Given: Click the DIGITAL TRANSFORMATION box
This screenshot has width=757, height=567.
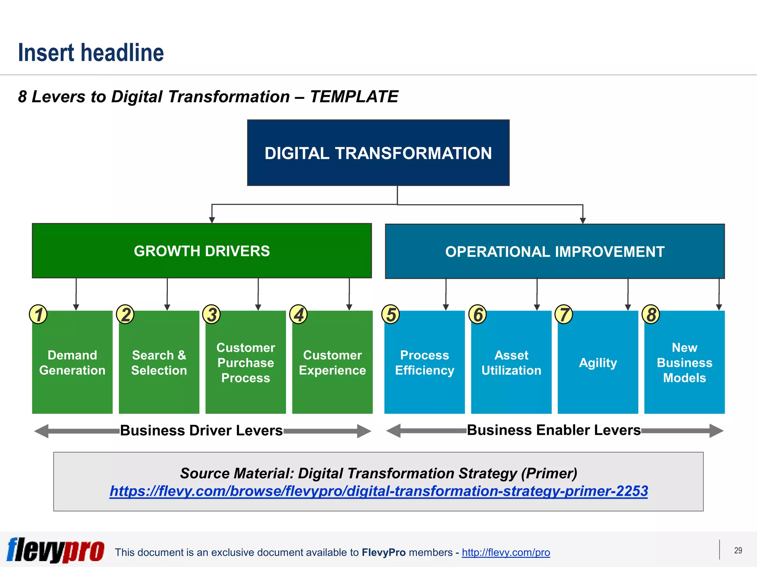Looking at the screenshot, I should [378, 153].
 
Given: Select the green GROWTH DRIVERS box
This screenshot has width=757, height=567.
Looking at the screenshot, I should [202, 251].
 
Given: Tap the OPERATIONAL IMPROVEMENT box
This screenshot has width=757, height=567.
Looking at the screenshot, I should [554, 252].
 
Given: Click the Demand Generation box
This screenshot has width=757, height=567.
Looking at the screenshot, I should [72, 363].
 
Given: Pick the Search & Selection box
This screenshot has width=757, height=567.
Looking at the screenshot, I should [159, 363].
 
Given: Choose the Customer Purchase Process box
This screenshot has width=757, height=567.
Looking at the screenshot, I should [246, 363].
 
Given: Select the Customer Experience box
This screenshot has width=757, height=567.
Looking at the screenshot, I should [332, 363].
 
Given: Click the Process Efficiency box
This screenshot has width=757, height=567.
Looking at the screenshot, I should [424, 363].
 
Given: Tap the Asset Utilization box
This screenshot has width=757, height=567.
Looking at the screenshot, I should [511, 363].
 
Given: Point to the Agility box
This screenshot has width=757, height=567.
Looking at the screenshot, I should [598, 363].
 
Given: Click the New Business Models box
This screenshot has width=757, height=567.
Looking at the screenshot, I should [684, 363].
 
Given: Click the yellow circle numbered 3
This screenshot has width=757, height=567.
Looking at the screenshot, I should [212, 315].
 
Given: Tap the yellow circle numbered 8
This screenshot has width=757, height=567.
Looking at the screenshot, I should [651, 315].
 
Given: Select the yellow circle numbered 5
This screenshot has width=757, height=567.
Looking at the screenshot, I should [391, 315].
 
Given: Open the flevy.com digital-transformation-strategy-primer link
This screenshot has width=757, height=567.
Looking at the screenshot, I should [378, 491].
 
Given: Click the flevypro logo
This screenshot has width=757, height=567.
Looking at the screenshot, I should [55, 550].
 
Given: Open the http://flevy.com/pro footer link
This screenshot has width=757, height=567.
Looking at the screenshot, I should [506, 553].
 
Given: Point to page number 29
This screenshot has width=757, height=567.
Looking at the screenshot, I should [738, 550].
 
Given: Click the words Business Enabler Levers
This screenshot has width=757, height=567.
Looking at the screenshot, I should [553, 430].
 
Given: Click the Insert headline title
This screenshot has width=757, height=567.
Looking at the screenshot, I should [91, 52].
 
